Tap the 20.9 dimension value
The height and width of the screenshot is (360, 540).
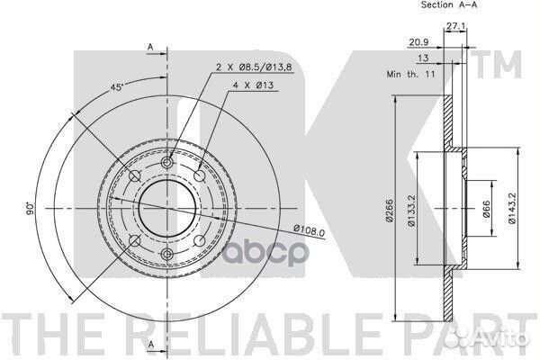point(417,42)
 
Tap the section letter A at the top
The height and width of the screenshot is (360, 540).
point(150,46)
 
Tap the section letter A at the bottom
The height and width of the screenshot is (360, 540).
point(150,346)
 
